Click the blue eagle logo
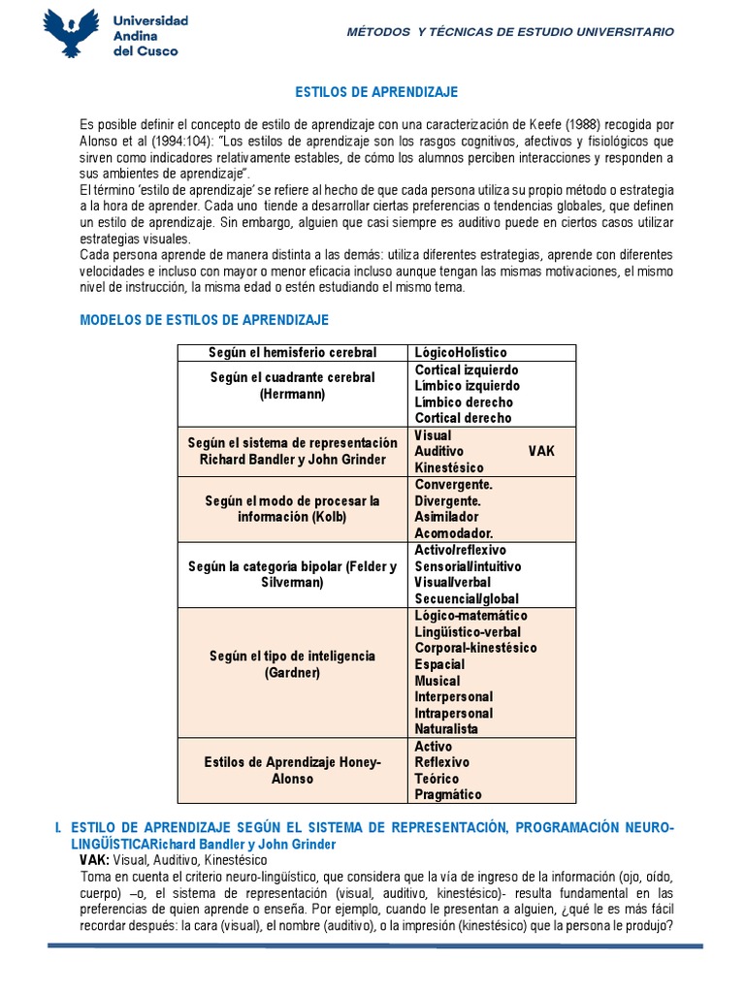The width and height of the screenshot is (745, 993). pyautogui.click(x=72, y=33)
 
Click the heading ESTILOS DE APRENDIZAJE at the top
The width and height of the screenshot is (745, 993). pyautogui.click(x=375, y=92)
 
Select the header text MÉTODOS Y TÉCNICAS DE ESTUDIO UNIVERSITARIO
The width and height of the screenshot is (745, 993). pyautogui.click(x=510, y=32)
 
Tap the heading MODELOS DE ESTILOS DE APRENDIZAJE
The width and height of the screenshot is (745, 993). pyautogui.click(x=204, y=319)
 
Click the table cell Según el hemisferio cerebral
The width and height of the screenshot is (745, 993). pyautogui.click(x=293, y=352)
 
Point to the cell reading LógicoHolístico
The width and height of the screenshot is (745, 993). pyautogui.click(x=461, y=352)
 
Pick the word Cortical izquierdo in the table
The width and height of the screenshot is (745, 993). pyautogui.click(x=467, y=369)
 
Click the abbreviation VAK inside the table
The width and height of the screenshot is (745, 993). pyautogui.click(x=541, y=452)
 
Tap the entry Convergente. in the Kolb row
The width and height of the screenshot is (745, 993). pyautogui.click(x=454, y=484)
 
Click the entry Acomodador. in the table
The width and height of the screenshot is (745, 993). pyautogui.click(x=454, y=533)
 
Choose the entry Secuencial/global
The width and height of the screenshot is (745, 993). pyautogui.click(x=467, y=598)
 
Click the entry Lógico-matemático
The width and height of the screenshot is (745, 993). pyautogui.click(x=470, y=616)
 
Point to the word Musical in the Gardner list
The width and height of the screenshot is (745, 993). pyautogui.click(x=437, y=681)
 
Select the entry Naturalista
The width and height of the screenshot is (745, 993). pyautogui.click(x=446, y=728)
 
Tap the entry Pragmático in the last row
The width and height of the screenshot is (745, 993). pyautogui.click(x=447, y=794)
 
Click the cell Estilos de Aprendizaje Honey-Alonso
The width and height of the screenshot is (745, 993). pyautogui.click(x=293, y=770)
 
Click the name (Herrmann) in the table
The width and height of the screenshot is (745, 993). pyautogui.click(x=293, y=395)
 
